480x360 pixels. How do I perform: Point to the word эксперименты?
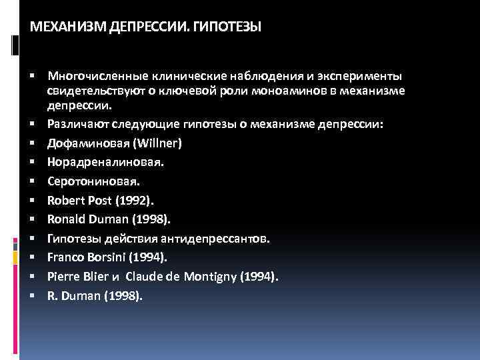click(x=368, y=77)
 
